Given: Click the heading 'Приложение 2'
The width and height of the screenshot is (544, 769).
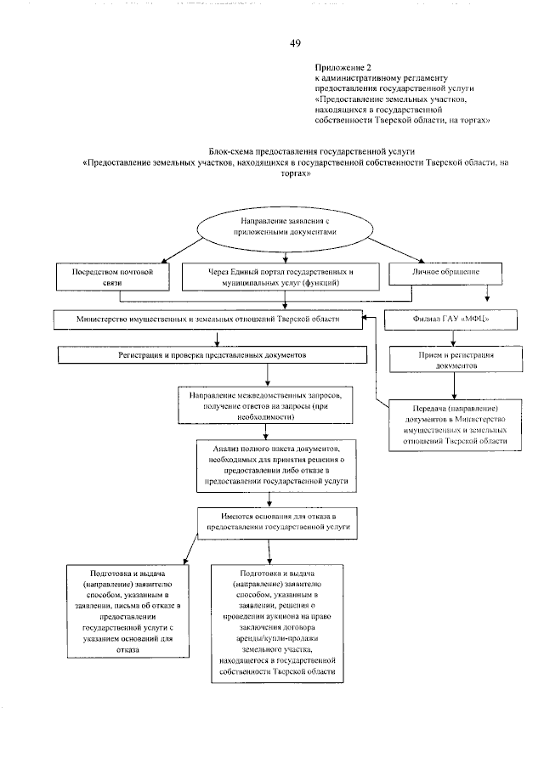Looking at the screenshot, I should point(343,65).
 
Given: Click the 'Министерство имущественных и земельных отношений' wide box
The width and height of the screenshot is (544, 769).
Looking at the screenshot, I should point(207,319).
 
